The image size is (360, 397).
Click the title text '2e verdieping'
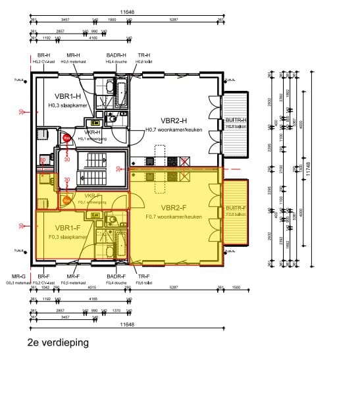point(58,343)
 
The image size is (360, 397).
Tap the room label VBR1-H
point(66,97)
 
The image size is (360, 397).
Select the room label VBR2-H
point(175,121)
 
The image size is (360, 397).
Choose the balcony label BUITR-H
point(235,120)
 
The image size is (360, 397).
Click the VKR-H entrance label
point(91,132)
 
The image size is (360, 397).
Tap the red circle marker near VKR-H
point(66,138)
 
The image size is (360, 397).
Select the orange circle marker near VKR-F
point(66,200)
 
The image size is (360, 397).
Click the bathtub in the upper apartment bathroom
point(123,89)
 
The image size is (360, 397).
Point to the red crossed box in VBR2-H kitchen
point(186,160)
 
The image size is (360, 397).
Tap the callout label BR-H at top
point(44,55)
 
